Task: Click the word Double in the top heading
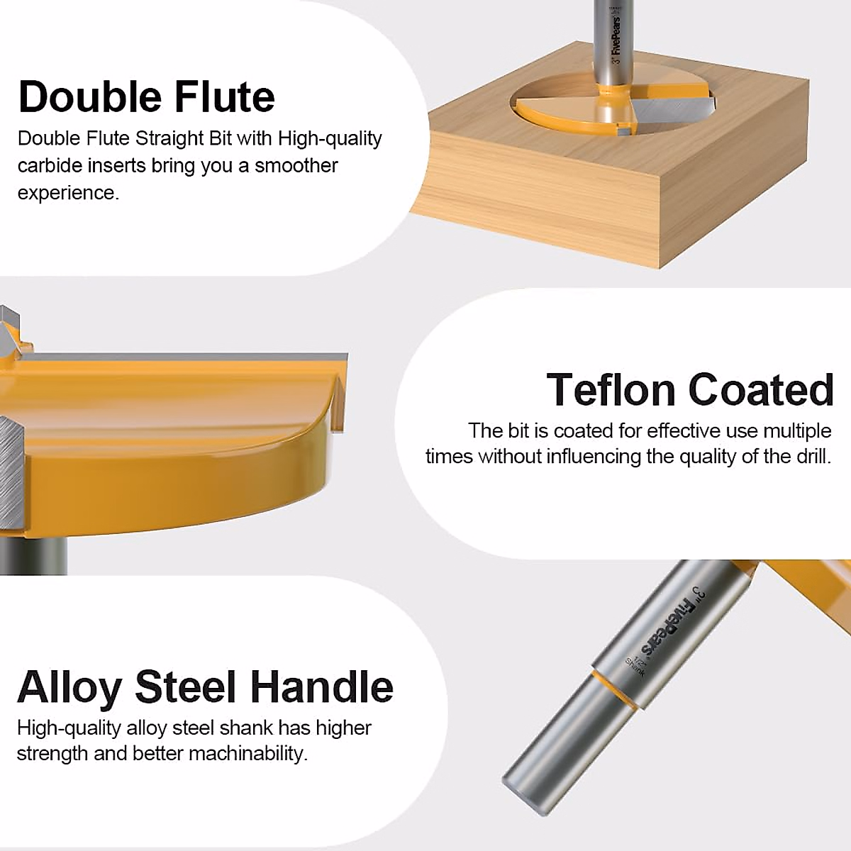[89, 96]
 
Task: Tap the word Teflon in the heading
[610, 389]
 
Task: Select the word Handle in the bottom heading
[321, 687]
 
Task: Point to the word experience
[69, 194]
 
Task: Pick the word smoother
[296, 166]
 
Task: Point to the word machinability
[248, 753]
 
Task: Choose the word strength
[52, 753]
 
